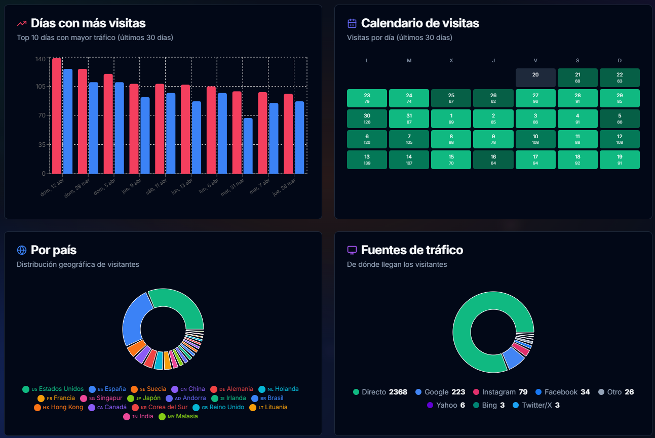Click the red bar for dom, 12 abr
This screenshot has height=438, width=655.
point(57,116)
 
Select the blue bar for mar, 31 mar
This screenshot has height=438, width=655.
point(248,146)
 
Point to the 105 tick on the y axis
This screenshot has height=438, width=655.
point(41,87)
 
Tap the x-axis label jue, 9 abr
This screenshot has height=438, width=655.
point(132,186)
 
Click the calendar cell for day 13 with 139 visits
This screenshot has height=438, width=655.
point(367,160)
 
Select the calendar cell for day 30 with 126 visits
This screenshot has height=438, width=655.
point(367,118)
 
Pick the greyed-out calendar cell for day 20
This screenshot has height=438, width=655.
point(535,77)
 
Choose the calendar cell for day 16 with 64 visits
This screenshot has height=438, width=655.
point(493,160)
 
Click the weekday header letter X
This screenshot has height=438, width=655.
point(451,60)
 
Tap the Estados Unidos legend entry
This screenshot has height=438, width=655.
point(53,389)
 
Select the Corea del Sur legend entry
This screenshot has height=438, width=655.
point(160,407)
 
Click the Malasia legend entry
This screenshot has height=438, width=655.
point(178,416)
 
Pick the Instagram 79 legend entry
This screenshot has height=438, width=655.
point(500,392)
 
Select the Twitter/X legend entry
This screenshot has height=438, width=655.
point(536,405)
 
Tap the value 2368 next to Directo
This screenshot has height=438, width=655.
point(398,392)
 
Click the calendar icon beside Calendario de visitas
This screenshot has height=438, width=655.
point(352,23)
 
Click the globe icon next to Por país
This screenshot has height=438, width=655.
point(22,250)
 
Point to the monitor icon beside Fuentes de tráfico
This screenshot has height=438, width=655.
point(352,250)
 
